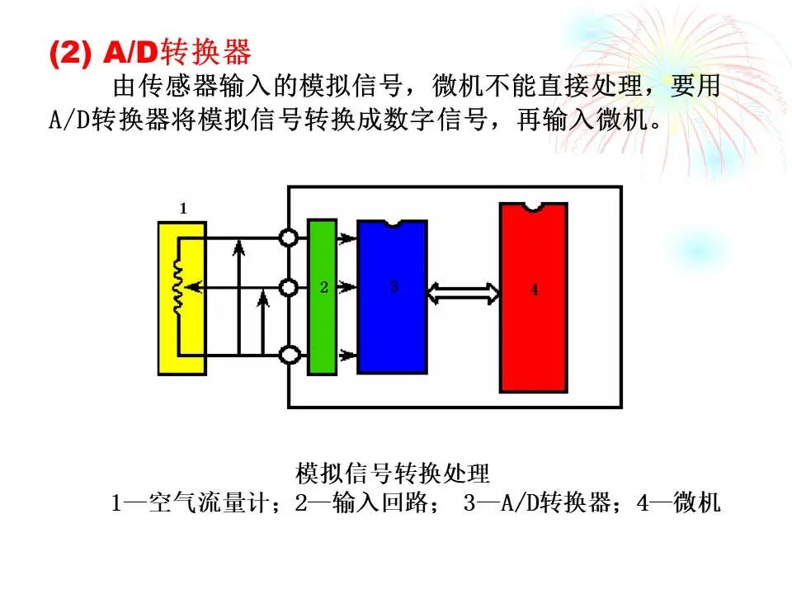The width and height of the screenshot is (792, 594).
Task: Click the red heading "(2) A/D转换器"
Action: click(x=150, y=52)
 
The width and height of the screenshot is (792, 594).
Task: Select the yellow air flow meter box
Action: click(x=182, y=298)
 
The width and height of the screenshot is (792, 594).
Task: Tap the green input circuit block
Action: click(x=323, y=297)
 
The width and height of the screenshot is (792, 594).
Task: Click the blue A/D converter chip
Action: click(x=393, y=297)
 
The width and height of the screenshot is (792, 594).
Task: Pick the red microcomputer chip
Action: click(x=534, y=298)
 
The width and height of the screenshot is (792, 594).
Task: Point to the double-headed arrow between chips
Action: click(x=463, y=294)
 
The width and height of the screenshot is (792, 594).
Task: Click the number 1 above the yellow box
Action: click(x=183, y=208)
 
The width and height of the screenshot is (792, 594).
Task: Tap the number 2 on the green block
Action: click(x=323, y=287)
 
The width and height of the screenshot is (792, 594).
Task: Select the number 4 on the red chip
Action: click(x=534, y=290)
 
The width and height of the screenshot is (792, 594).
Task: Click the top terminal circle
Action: click(x=289, y=238)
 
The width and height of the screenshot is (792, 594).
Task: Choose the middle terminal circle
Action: click(x=289, y=288)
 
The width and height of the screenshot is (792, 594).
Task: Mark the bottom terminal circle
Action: click(x=290, y=355)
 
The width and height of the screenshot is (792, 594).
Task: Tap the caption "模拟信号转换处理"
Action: click(x=393, y=473)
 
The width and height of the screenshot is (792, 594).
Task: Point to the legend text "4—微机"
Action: click(x=678, y=502)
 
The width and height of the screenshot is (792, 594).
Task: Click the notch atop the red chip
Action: click(x=533, y=206)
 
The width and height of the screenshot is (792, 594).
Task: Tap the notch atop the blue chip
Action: click(x=393, y=224)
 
